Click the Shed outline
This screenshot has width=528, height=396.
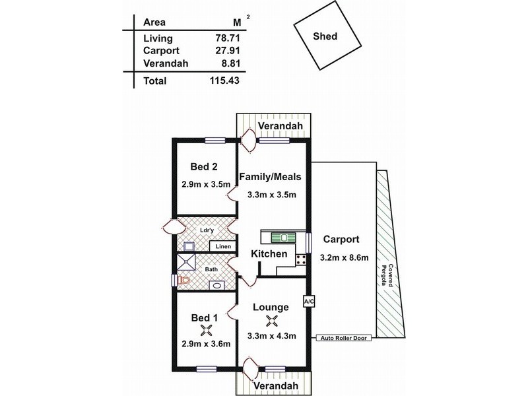point(323,37)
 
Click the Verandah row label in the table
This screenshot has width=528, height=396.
point(165,64)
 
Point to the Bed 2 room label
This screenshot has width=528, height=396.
point(205,167)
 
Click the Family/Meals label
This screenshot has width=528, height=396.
point(270,176)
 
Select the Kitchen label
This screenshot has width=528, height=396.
point(269,253)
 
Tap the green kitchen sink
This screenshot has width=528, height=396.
point(284,236)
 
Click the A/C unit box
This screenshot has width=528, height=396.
point(308,302)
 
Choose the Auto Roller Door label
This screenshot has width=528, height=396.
point(344,338)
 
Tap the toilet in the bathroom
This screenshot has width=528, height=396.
point(184,280)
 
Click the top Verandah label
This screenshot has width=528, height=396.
point(280,125)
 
